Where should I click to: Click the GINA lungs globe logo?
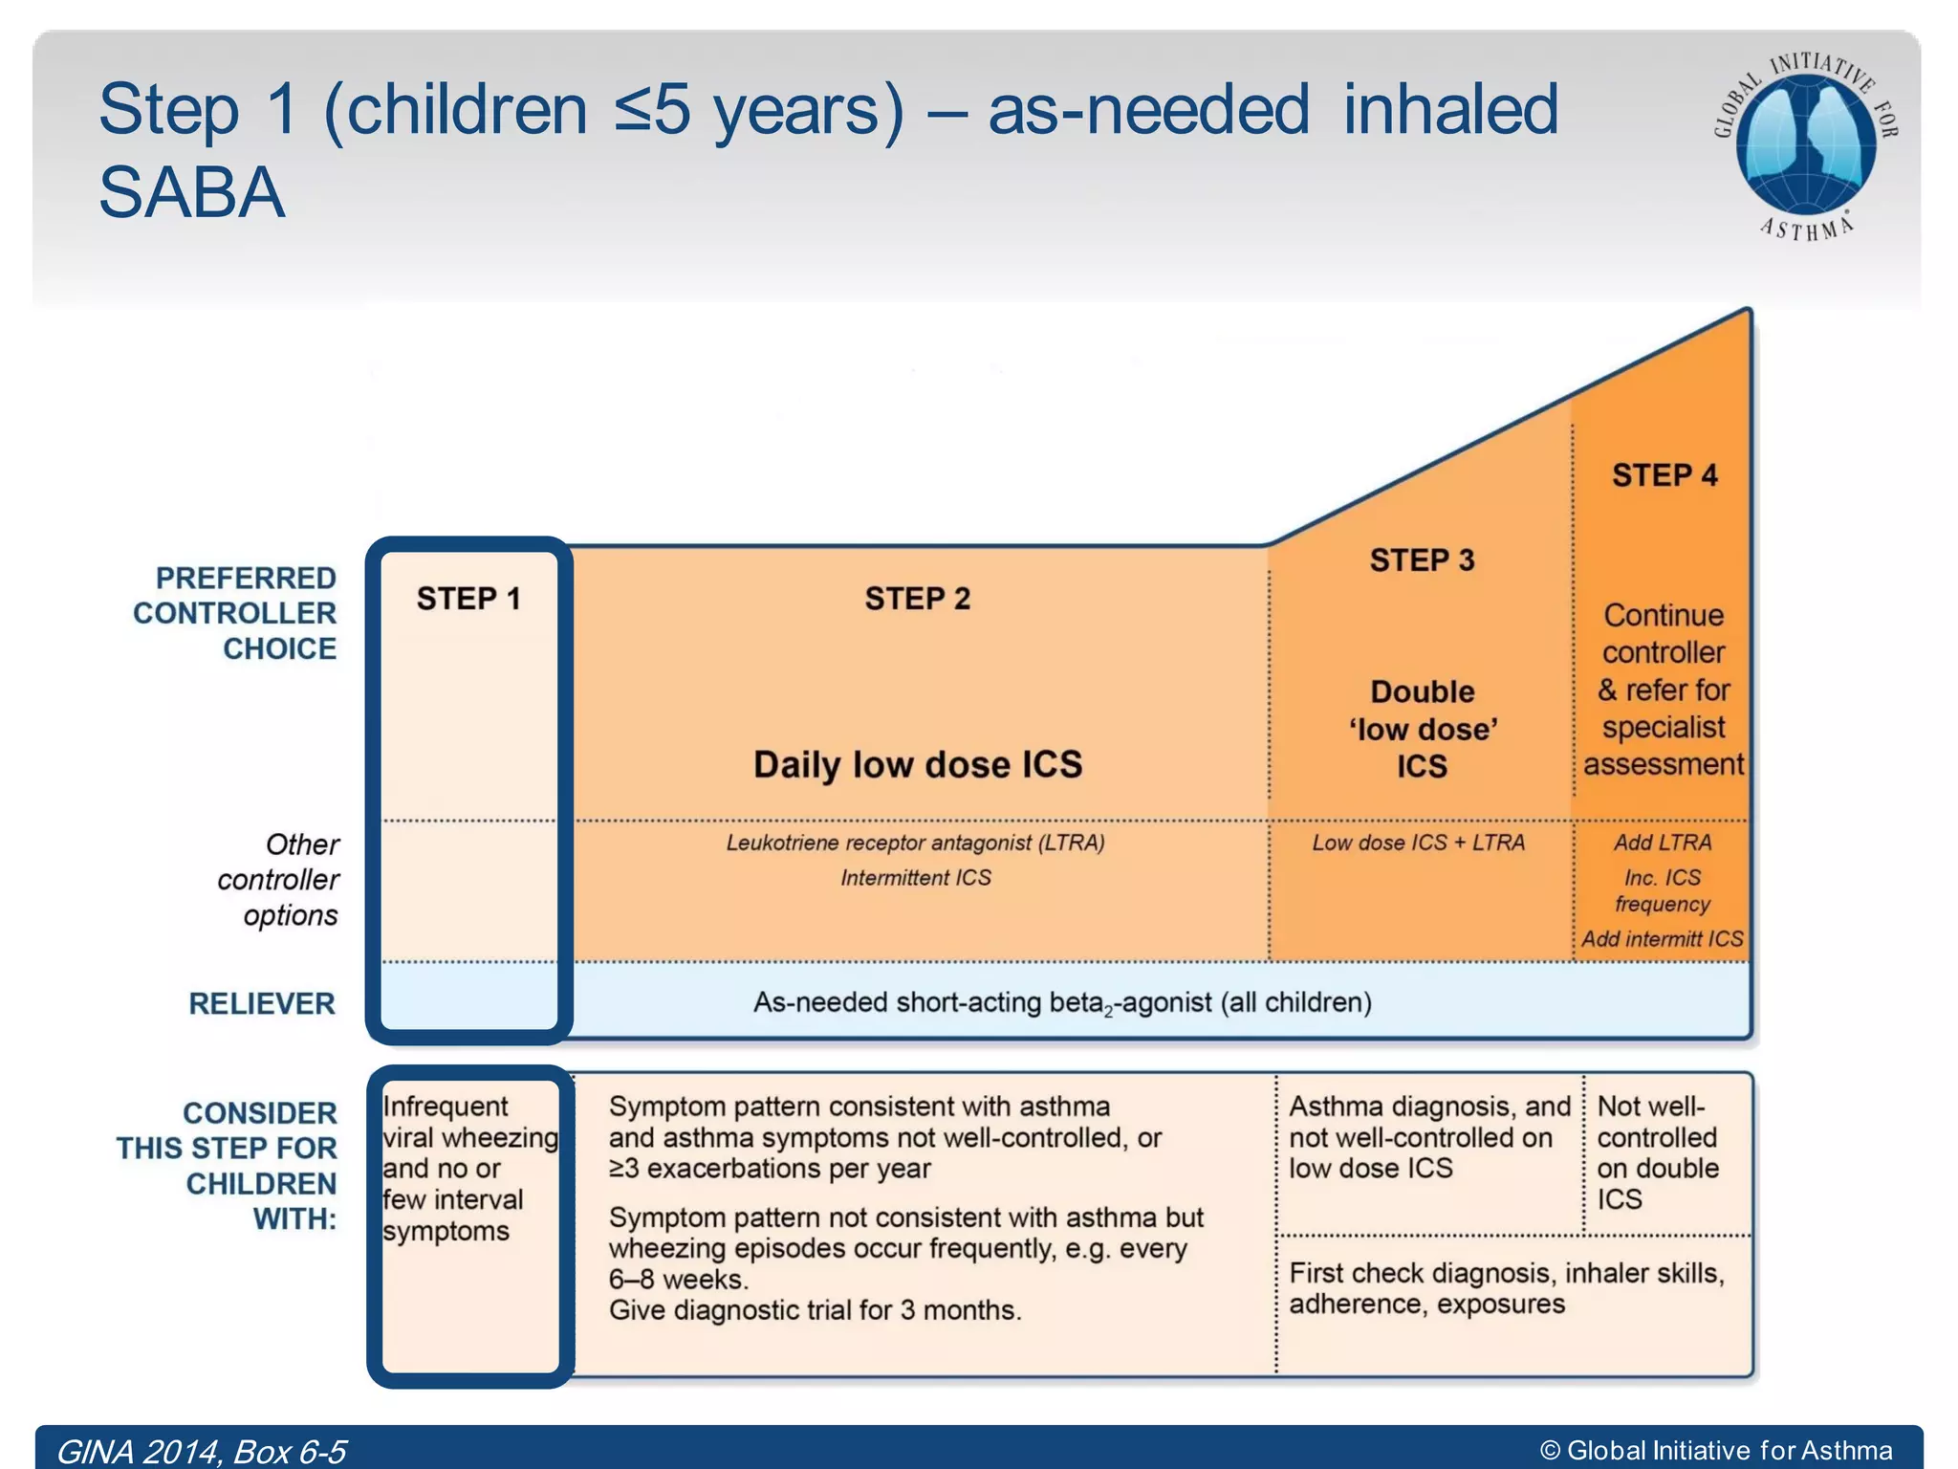click(1805, 143)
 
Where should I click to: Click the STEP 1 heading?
click(468, 599)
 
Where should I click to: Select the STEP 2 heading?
click(917, 599)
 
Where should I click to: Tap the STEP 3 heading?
click(1422, 560)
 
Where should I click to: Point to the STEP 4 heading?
click(1664, 475)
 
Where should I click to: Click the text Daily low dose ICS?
click(917, 764)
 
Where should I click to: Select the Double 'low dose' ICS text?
click(1422, 729)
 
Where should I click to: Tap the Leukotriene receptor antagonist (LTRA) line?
click(915, 843)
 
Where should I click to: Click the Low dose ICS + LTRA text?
click(1418, 843)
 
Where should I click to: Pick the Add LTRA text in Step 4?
click(1663, 843)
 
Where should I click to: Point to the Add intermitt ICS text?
click(1662, 939)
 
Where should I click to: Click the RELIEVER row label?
click(262, 1003)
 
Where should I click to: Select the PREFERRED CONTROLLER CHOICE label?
click(235, 613)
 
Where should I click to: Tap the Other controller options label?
click(278, 880)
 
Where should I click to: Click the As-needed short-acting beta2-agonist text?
click(1061, 1002)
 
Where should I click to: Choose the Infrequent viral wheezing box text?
click(468, 1168)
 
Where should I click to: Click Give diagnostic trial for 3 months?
click(815, 1310)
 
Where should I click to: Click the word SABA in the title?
click(192, 193)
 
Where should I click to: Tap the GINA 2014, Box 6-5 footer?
click(201, 1451)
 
